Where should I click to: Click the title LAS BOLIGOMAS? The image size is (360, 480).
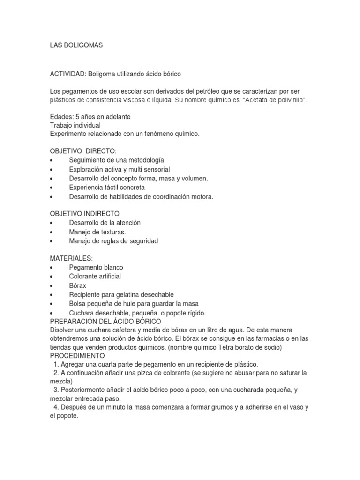(76, 45)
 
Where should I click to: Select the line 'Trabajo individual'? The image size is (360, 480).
(75, 125)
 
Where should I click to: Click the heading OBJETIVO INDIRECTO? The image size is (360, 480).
(85, 214)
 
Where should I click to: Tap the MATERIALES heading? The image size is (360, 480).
(71, 258)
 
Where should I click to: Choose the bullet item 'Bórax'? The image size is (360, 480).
(78, 285)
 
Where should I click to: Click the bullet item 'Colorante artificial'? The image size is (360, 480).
(95, 276)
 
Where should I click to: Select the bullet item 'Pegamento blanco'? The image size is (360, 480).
(96, 267)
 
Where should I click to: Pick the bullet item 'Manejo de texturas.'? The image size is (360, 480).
(97, 232)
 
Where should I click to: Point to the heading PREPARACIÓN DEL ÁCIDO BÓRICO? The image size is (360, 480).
(105, 321)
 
